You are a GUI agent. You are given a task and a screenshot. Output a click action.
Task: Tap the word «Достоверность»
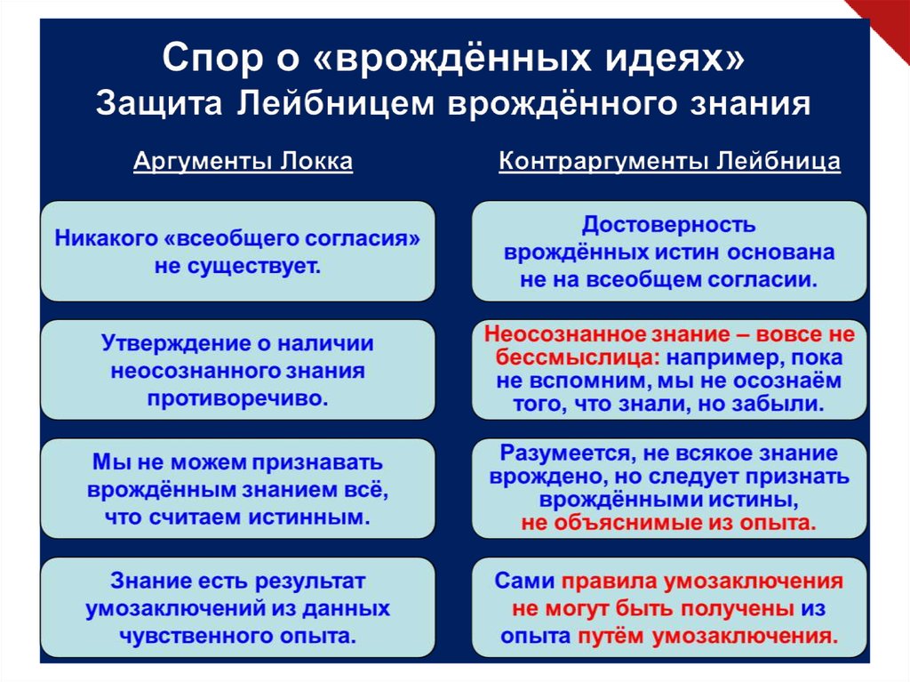(669, 225)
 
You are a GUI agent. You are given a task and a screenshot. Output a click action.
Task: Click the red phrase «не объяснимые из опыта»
(668, 523)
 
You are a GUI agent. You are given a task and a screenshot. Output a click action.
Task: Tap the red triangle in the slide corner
(884, 22)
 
